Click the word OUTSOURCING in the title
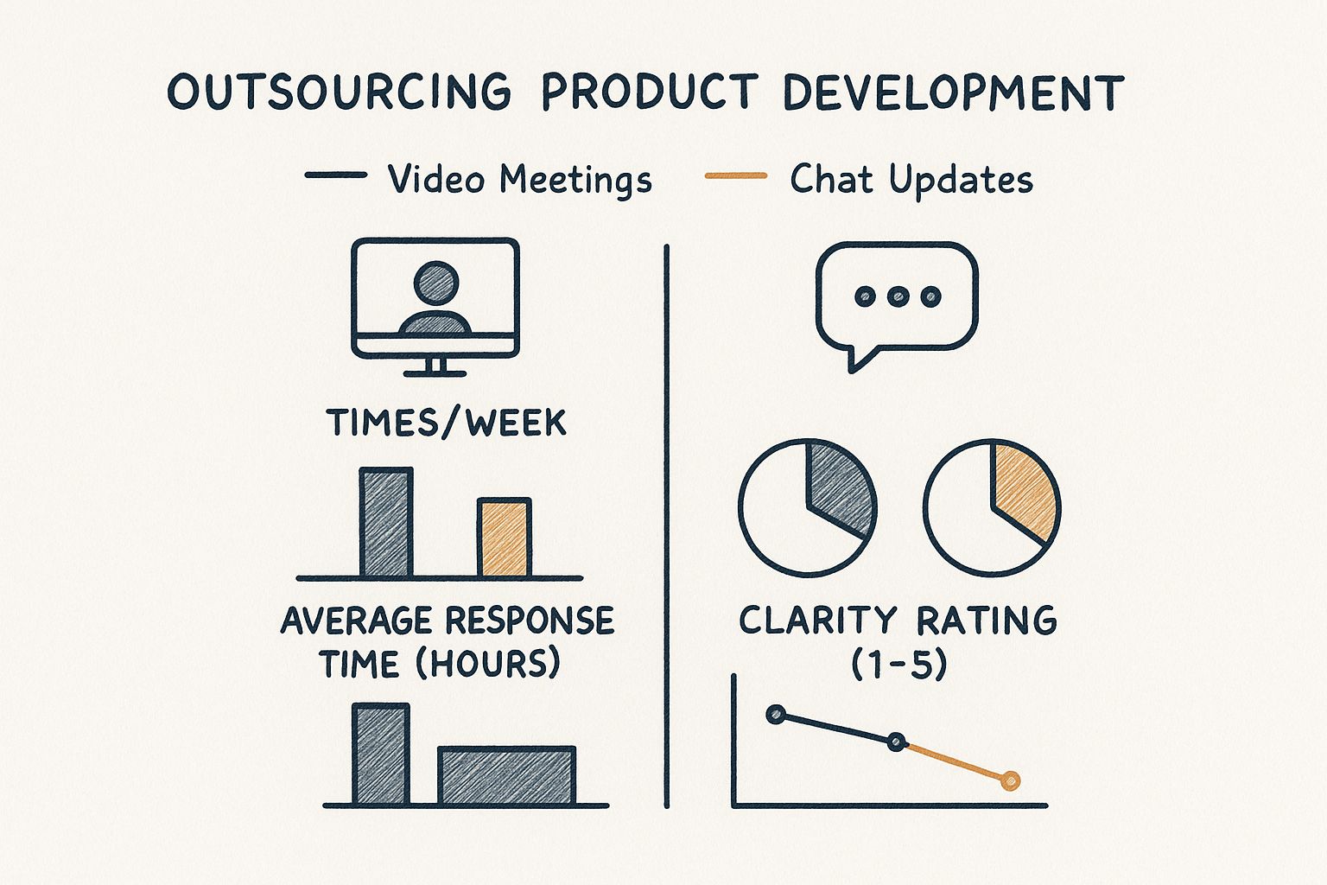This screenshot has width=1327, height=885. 339,92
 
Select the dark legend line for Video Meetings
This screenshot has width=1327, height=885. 336,175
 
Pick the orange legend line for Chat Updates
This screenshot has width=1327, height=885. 736,175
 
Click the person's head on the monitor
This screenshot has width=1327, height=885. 436,283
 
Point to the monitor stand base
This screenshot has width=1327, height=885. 435,373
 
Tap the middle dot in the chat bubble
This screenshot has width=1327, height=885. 898,296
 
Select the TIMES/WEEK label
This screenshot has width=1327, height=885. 447,423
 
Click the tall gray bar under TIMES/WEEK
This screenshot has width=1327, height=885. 386,522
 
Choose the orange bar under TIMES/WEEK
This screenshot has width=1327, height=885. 505,537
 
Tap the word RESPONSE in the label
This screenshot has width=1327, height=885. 530,621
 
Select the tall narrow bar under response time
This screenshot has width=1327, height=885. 381,754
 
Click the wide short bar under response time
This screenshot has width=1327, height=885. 506,775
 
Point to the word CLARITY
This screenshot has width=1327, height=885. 818,621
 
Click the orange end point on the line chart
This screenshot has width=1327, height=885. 1010,781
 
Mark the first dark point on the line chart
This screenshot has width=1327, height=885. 776,715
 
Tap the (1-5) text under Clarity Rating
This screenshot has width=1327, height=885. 898,665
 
